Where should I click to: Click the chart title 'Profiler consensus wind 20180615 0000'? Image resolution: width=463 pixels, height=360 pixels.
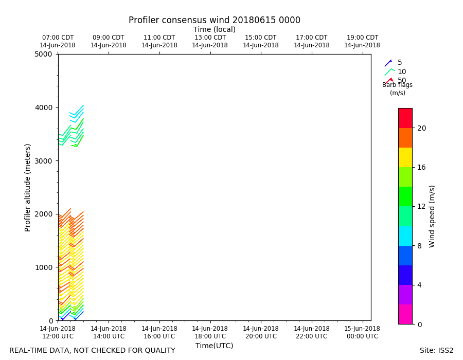tap(214, 21)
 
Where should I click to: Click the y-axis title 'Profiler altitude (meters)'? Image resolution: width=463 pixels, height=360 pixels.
tap(28, 187)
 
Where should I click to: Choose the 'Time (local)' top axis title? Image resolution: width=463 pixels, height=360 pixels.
tap(214, 30)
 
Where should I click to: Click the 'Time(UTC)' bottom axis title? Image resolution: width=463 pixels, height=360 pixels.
tap(214, 346)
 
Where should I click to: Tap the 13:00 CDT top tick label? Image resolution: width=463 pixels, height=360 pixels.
tap(210, 41)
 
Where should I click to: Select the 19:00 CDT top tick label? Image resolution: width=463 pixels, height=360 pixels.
tap(362, 41)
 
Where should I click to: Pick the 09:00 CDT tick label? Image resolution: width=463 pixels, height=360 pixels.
tap(109, 41)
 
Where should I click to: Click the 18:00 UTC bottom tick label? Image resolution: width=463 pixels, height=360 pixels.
tap(210, 333)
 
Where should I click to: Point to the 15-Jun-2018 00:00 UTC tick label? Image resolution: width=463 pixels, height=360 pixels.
tap(362, 333)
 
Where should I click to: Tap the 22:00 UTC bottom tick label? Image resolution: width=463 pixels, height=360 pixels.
tap(311, 333)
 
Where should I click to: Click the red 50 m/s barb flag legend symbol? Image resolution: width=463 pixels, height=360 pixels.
tap(389, 81)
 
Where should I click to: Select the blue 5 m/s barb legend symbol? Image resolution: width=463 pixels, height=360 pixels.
tap(388, 63)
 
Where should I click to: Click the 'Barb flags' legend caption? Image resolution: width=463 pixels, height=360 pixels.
tap(397, 85)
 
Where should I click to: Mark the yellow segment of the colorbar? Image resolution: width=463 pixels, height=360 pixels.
tap(405, 157)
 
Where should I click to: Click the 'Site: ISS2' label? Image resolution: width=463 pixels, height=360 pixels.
tap(436, 351)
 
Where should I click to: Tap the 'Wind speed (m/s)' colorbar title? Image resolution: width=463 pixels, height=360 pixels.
tap(432, 216)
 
